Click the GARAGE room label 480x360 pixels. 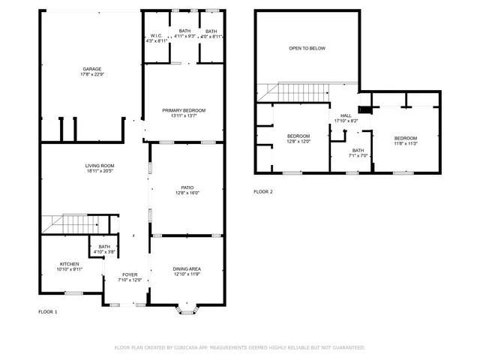(91, 69)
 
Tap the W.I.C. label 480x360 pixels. (156, 35)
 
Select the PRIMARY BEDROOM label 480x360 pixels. (184, 110)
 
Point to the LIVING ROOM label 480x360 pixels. (99, 166)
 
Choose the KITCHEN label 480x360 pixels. (70, 264)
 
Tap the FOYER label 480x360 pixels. (130, 275)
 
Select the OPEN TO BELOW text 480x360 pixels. (307, 48)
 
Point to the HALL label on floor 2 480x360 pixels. (346, 115)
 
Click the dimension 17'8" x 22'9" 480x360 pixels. (91, 74)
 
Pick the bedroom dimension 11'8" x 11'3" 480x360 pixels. (406, 144)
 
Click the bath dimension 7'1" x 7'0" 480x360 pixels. (358, 156)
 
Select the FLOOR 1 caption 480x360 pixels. (48, 311)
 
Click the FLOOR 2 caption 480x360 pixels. (263, 192)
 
